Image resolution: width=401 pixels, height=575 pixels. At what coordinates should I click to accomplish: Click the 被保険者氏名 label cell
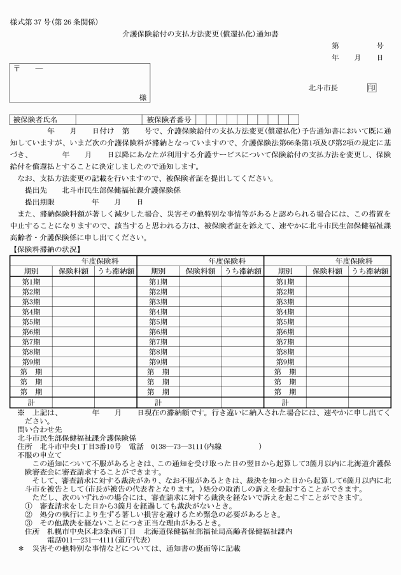[36, 118]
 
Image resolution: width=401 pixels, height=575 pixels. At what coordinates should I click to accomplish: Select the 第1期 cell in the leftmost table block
[32, 281]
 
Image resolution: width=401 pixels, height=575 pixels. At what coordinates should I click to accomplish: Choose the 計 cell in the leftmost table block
[31, 402]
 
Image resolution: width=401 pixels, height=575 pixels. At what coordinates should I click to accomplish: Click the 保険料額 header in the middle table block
[200, 271]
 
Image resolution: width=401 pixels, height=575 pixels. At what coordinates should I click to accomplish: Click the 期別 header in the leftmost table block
[31, 271]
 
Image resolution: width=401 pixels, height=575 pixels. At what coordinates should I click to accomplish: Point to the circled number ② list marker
[29, 513]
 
